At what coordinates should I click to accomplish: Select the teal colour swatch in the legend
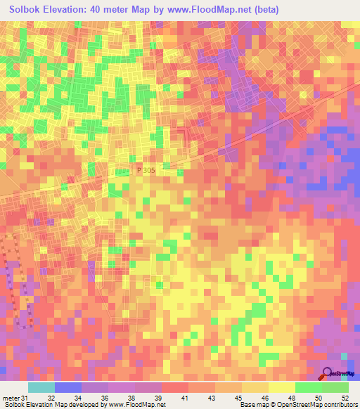point(41,387)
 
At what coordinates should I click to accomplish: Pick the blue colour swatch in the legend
point(68,387)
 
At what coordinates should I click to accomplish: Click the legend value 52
point(345,379)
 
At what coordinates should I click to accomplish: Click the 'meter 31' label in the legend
point(14,379)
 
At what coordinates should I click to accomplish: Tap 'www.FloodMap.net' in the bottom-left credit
point(134,404)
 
